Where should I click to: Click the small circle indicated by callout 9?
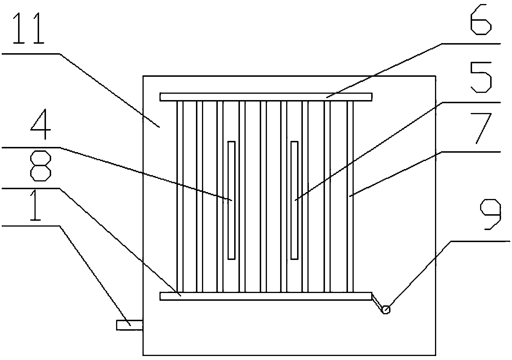tap(386, 309)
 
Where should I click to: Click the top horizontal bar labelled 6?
tap(266, 97)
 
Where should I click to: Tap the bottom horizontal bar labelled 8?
tap(266, 296)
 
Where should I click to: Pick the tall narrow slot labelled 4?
tap(232, 200)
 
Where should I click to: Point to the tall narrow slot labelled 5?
tap(295, 200)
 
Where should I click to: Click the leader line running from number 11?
tap(109, 90)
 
